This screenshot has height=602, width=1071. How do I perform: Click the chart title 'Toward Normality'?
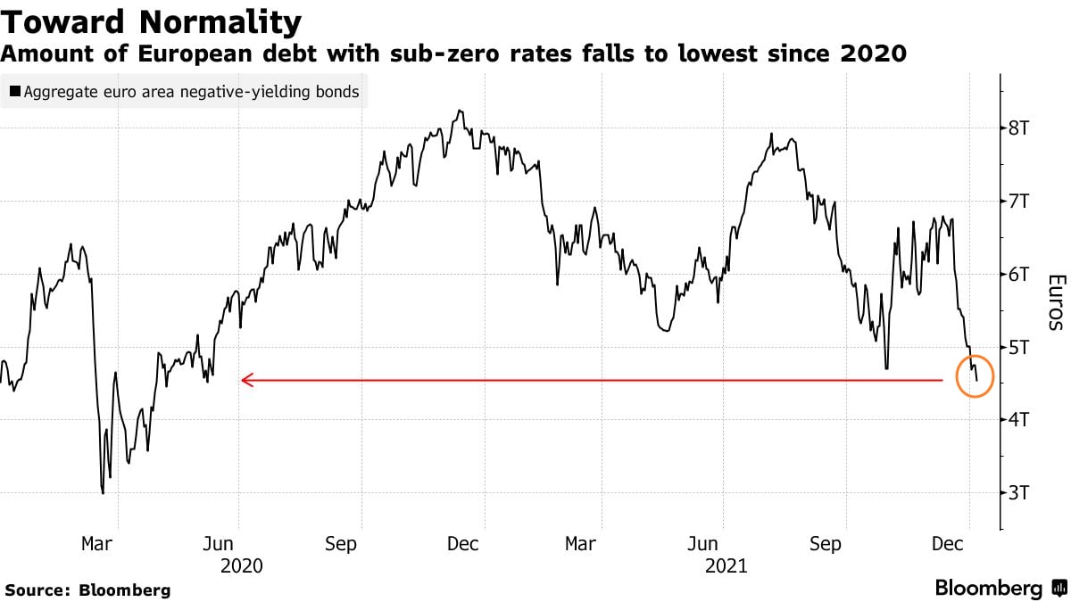coord(151,21)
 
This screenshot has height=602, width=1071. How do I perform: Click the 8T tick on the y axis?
coord(1019,128)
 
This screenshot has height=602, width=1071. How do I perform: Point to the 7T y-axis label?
coord(1019,201)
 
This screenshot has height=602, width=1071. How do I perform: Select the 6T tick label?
coord(1019,274)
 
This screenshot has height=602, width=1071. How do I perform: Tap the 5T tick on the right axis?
coord(1019,346)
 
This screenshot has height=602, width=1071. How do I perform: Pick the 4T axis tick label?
coord(1019,419)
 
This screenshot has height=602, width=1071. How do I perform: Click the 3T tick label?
coord(1019,492)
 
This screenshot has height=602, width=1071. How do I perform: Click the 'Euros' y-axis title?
coord(1054,302)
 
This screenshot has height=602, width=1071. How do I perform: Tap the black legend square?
coord(16,91)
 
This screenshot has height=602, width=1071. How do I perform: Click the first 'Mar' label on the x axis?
coord(95,544)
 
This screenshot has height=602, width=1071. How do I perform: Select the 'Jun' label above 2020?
coord(219,544)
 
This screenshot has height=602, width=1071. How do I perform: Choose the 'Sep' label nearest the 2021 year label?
coord(825,544)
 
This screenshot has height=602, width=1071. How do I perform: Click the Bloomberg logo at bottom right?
coord(1000,589)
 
